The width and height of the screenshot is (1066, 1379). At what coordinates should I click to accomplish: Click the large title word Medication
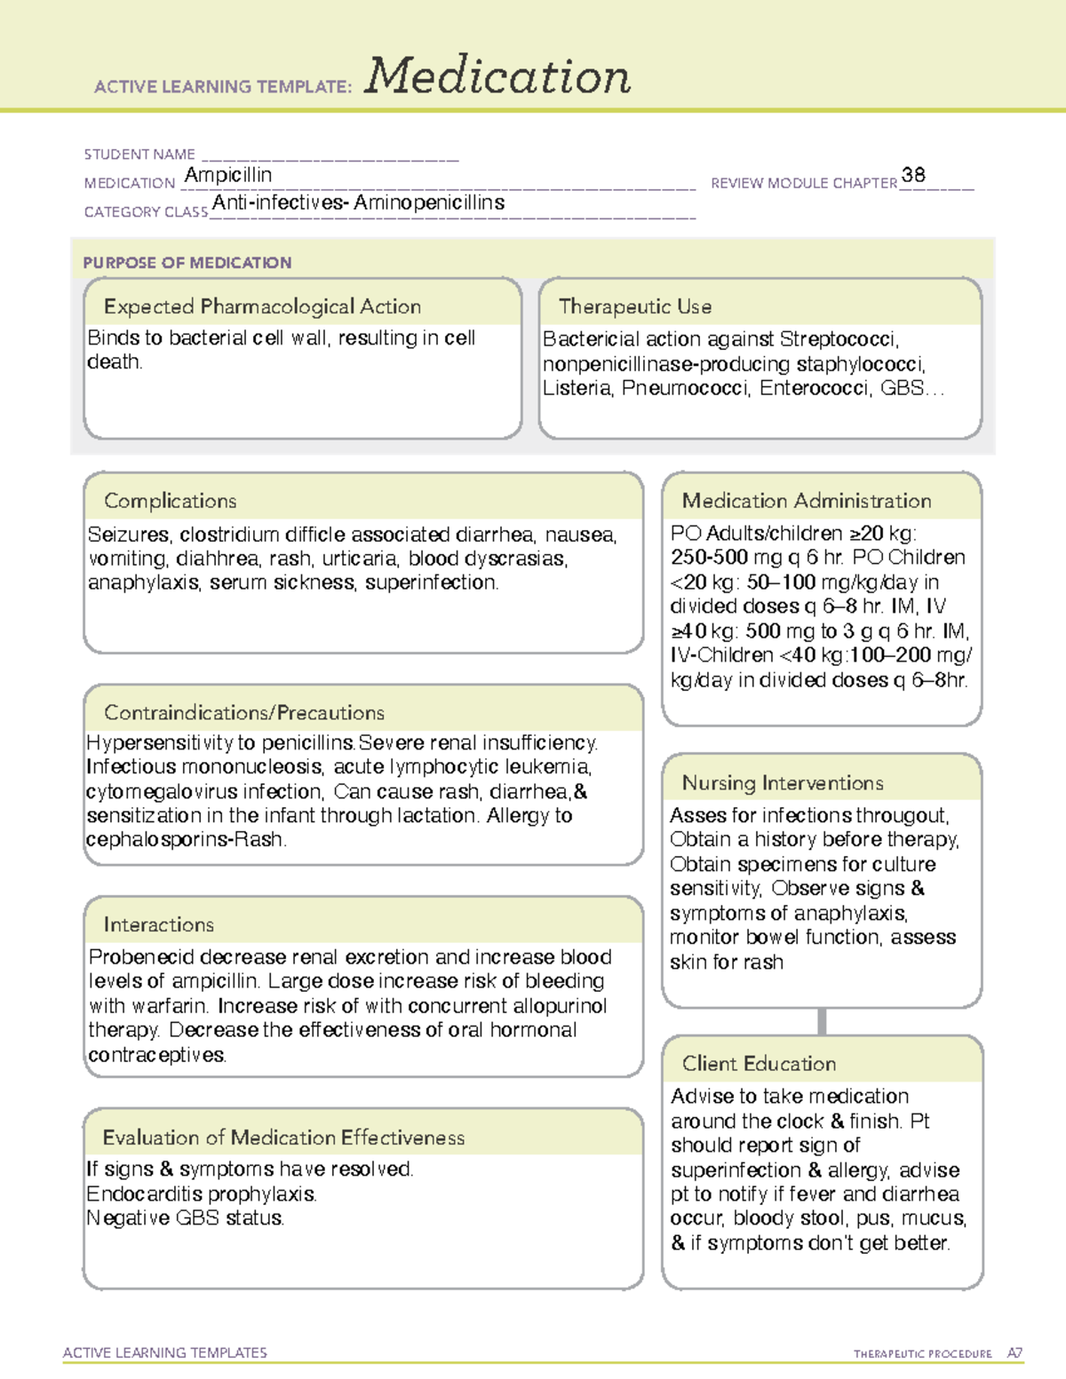pyautogui.click(x=497, y=76)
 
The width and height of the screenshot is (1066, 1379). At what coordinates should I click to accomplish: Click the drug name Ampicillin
pyautogui.click(x=228, y=175)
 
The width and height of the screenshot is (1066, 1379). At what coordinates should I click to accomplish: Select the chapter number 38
pyautogui.click(x=913, y=175)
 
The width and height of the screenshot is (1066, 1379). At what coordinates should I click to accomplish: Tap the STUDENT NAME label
pyautogui.click(x=139, y=155)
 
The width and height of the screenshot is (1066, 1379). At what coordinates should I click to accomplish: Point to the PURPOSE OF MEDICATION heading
pyautogui.click(x=187, y=263)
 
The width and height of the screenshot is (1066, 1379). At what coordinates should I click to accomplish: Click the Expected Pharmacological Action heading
pyautogui.click(x=262, y=306)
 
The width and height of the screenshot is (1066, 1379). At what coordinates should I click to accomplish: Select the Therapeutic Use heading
pyautogui.click(x=635, y=306)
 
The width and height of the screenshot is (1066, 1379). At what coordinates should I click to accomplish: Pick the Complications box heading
pyautogui.click(x=171, y=501)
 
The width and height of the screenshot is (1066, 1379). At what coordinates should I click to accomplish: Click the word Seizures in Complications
pyautogui.click(x=129, y=535)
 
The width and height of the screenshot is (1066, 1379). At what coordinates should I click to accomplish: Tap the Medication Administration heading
pyautogui.click(x=807, y=501)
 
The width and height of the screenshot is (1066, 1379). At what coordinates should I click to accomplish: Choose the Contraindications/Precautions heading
pyautogui.click(x=244, y=712)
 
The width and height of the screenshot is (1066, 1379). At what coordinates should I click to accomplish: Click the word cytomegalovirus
pyautogui.click(x=163, y=791)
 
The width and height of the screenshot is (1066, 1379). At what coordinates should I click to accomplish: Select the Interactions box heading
pyautogui.click(x=159, y=924)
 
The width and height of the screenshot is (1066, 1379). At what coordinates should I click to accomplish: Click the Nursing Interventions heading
pyautogui.click(x=783, y=782)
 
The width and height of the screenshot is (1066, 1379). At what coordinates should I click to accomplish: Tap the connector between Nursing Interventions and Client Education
pyautogui.click(x=822, y=1021)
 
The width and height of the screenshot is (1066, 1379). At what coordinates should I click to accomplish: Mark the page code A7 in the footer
pyautogui.click(x=1014, y=1353)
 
